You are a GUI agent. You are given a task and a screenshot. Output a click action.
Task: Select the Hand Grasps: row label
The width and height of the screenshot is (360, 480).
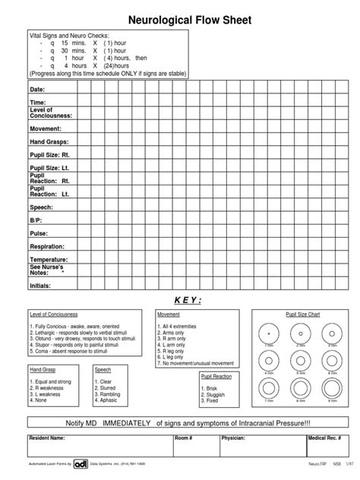(49, 142)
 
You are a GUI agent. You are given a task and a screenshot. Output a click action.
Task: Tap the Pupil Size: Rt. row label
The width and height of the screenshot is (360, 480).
(49, 154)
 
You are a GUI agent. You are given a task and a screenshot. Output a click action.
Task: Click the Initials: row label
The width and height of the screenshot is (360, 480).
(40, 286)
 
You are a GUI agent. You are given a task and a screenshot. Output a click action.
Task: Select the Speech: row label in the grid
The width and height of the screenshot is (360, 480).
(41, 207)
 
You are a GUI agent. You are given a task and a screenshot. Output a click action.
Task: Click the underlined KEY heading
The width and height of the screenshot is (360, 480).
(179, 301)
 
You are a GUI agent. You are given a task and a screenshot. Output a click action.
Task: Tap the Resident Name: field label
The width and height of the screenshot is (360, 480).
(47, 439)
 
